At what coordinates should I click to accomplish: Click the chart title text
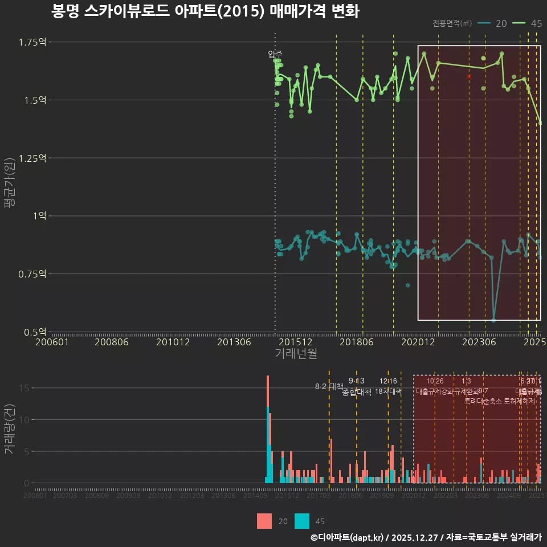[x=205, y=11]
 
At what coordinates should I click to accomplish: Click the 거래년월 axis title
[x=296, y=354]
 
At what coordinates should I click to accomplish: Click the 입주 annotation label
[x=275, y=55]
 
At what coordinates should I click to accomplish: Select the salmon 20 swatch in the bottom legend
[x=264, y=521]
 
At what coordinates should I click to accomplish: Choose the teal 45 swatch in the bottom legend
[x=303, y=521]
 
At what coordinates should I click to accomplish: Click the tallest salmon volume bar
[x=267, y=399]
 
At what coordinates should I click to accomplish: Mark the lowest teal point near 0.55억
[x=493, y=320]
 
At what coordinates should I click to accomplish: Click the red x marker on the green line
[x=469, y=76]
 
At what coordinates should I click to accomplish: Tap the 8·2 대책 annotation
[x=329, y=386]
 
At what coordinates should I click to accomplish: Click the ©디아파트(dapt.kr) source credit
[x=348, y=537]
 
